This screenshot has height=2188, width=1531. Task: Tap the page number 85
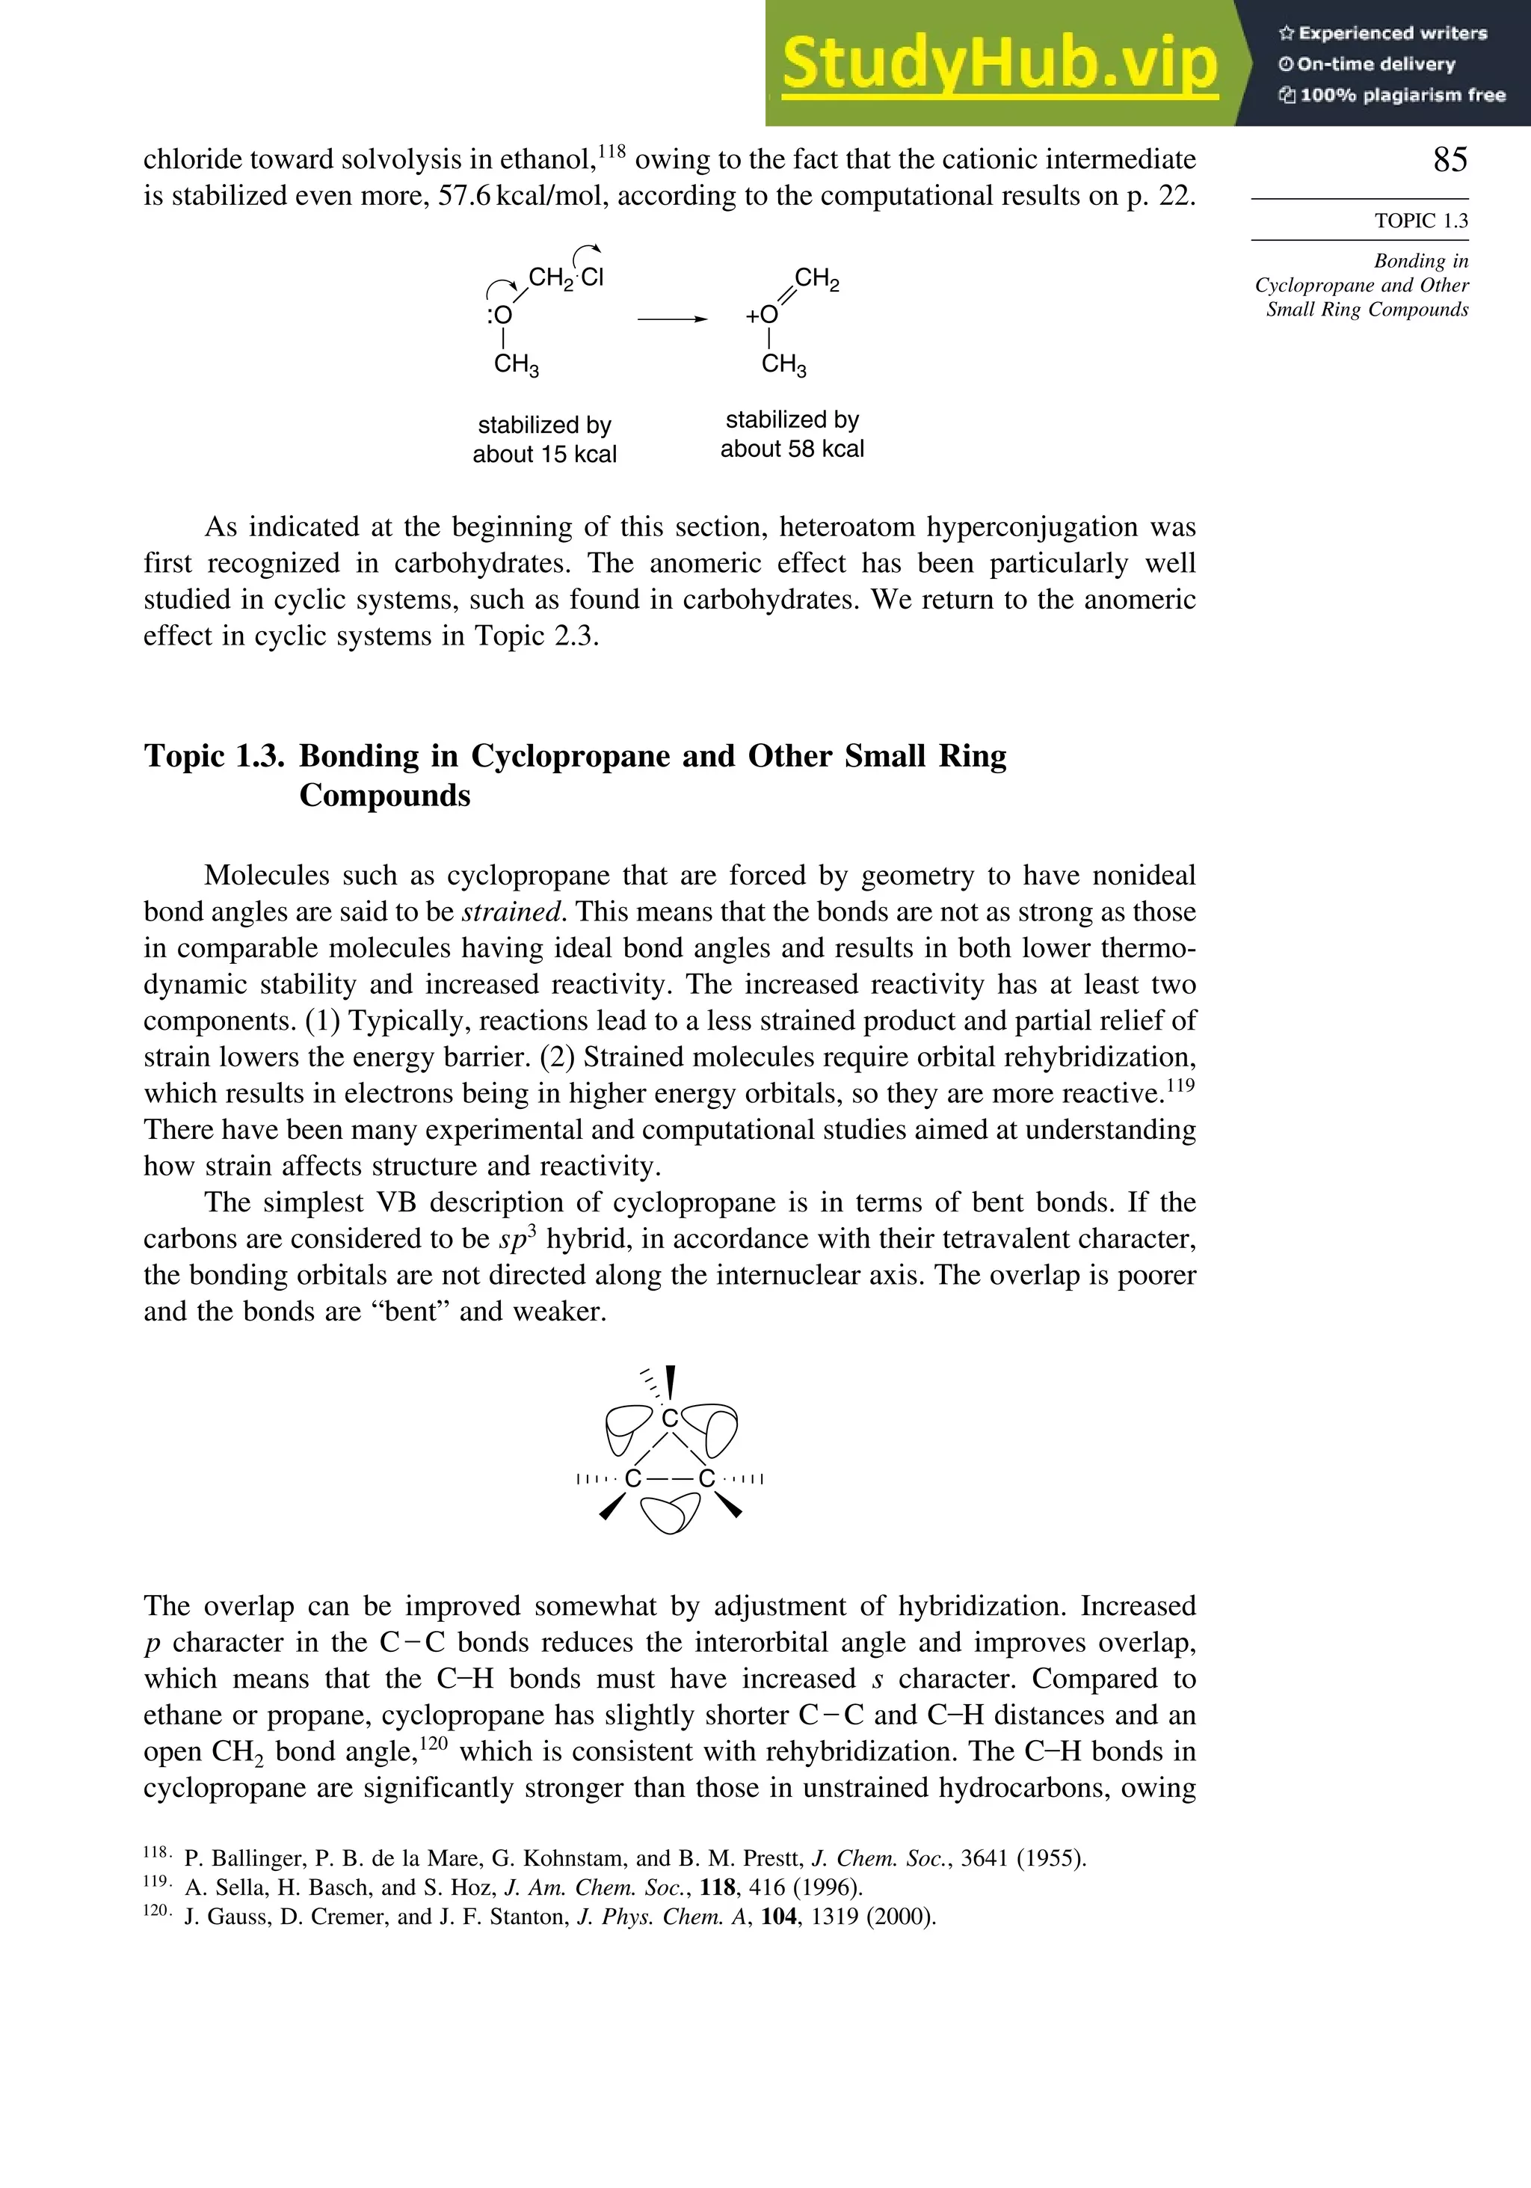coord(1450,159)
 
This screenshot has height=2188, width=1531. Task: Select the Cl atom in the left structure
coord(593,277)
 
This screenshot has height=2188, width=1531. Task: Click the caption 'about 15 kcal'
coord(544,455)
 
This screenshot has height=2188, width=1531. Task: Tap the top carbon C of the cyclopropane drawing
coord(670,1419)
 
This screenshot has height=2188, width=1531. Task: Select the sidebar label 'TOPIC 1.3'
coord(1420,221)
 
